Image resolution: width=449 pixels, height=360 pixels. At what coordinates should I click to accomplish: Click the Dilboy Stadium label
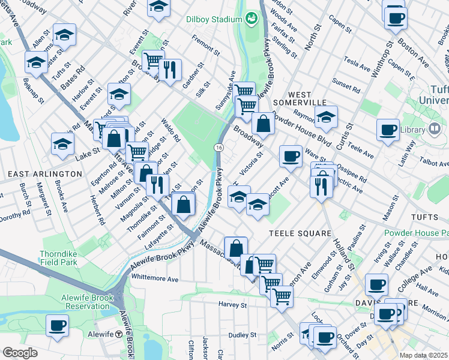(x=213, y=19)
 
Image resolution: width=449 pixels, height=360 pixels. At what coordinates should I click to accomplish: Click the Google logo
(x=20, y=353)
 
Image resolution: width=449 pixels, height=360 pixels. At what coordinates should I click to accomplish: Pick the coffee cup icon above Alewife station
(x=58, y=326)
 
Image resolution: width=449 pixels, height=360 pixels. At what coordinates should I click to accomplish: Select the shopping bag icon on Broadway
(x=263, y=124)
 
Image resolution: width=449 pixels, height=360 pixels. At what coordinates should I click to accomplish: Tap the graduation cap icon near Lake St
(x=62, y=144)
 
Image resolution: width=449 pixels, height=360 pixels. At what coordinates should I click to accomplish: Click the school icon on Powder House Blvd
(x=326, y=118)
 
